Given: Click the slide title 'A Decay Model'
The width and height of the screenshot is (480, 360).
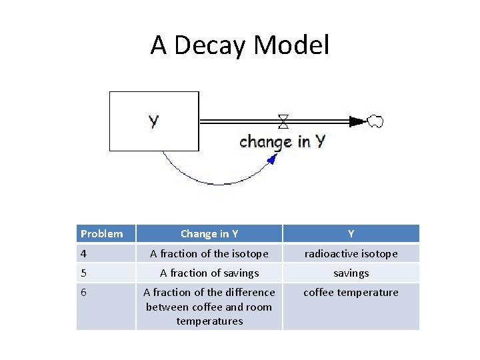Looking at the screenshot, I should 240,45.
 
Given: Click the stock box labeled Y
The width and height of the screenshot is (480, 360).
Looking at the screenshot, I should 154,121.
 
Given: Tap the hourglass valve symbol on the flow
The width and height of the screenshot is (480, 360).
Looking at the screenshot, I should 283,121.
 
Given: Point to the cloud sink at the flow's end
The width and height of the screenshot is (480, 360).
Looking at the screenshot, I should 375,121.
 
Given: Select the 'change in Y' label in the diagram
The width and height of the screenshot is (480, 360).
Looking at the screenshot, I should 282,141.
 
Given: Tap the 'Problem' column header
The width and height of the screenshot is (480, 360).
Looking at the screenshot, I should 102,233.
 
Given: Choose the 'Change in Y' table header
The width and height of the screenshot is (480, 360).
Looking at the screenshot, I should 209,233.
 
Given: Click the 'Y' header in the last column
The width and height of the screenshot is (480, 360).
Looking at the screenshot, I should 351,233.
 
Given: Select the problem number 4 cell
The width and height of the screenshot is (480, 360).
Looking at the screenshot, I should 85,253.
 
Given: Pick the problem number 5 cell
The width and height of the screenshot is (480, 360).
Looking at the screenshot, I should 85,273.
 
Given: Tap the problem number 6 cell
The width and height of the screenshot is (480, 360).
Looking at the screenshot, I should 85,292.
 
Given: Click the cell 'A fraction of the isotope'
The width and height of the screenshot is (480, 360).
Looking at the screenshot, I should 209,253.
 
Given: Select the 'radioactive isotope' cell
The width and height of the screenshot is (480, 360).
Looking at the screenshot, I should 351,253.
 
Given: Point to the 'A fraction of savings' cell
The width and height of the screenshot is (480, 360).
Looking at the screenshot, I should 209,273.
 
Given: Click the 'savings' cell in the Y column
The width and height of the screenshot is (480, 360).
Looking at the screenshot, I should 351,273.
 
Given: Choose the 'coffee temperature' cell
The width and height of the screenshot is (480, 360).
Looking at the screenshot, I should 351,292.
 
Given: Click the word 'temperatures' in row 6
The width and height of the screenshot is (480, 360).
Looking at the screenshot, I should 209,321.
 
